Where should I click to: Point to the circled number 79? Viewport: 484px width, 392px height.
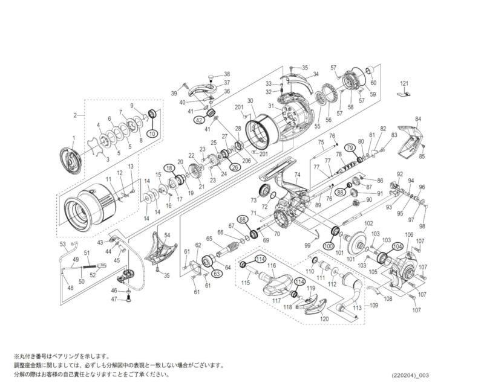point(349,148)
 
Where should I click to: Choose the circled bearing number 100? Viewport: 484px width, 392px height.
point(329,246)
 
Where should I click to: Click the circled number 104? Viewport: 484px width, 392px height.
point(397,246)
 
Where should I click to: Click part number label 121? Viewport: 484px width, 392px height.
point(405,83)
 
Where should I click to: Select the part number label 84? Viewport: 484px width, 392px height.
point(417,119)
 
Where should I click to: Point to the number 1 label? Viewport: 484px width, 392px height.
point(73,138)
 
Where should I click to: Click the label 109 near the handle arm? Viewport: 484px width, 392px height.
point(373,306)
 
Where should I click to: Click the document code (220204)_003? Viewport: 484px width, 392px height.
point(410,375)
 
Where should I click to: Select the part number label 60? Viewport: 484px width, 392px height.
point(373,83)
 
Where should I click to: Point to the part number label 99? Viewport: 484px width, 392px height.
point(307,246)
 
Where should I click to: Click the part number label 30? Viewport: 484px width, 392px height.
point(250,100)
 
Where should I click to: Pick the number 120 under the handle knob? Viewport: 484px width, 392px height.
point(324,318)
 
